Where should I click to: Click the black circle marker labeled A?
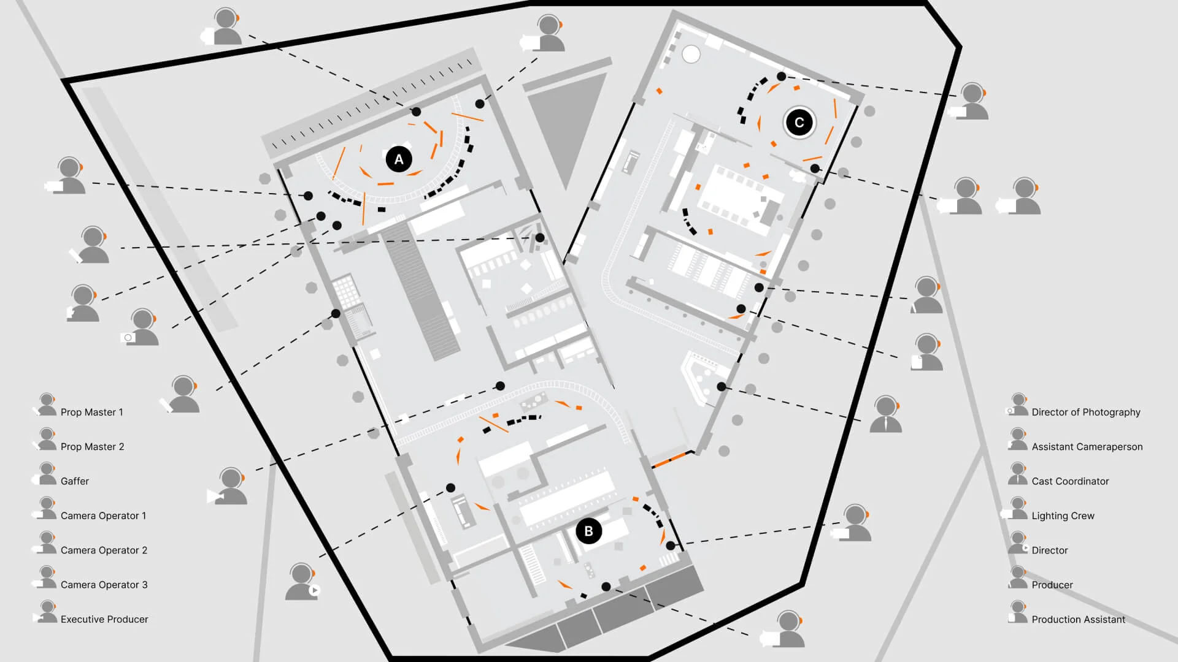399,159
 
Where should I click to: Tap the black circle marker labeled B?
588,531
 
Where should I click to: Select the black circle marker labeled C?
799,123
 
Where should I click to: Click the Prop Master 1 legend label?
91,412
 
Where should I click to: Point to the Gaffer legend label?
75,481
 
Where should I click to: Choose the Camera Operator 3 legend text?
104,585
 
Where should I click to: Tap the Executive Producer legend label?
104,619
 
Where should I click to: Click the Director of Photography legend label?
1085,412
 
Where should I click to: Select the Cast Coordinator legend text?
1070,481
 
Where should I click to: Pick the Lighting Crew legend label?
1063,516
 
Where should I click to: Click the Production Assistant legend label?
1078,619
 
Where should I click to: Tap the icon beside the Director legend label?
1018,543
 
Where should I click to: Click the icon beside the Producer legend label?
1017,577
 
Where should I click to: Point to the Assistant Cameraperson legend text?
1087,447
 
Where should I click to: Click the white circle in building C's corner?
691,54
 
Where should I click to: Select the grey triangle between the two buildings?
564,123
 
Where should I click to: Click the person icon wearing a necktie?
886,415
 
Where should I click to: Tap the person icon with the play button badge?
302,582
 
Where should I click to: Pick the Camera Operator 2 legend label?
104,550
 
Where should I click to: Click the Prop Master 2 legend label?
92,447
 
